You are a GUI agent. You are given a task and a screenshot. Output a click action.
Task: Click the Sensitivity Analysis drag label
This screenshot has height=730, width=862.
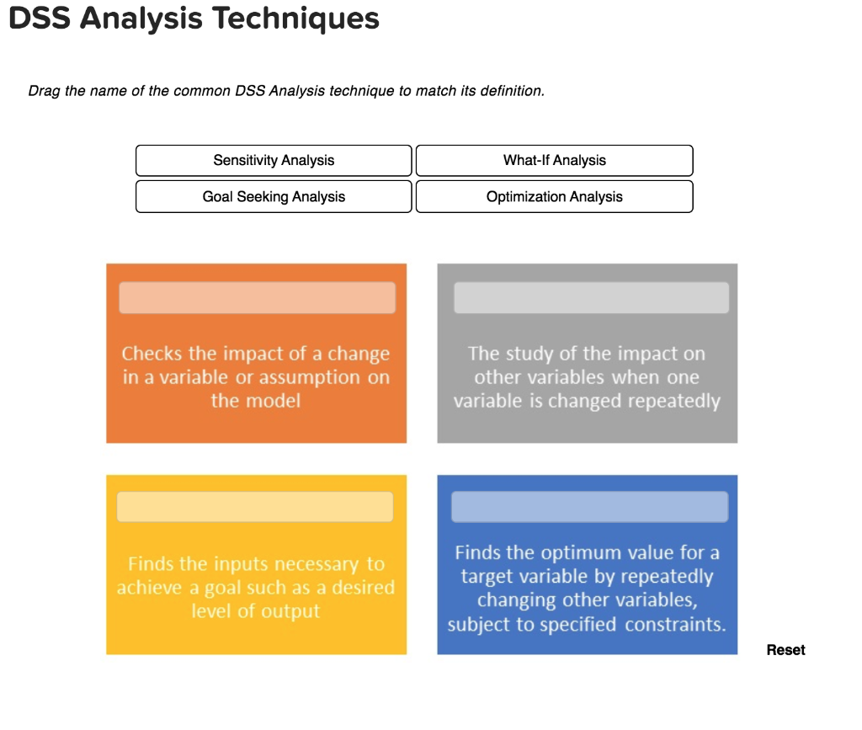274,160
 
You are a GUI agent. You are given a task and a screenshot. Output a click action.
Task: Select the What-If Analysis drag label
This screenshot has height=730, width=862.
554,160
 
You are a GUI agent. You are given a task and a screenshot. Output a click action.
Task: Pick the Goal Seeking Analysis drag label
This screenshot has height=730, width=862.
274,196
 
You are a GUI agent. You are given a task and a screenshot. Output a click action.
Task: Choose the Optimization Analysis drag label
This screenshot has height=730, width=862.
554,196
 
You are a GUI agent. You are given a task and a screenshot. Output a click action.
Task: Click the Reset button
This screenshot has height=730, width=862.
785,650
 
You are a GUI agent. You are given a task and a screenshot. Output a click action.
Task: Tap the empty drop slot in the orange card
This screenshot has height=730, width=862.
257,298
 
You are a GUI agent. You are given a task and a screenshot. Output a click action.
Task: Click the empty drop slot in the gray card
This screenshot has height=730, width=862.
591,298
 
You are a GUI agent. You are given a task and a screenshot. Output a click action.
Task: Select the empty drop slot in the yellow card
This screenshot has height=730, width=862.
255,507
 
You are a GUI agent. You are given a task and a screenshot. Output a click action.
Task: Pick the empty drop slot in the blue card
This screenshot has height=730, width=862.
589,507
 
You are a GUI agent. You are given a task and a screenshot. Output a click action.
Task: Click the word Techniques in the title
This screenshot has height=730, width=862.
294,19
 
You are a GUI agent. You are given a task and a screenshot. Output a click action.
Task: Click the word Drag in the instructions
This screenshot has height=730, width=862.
43,91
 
